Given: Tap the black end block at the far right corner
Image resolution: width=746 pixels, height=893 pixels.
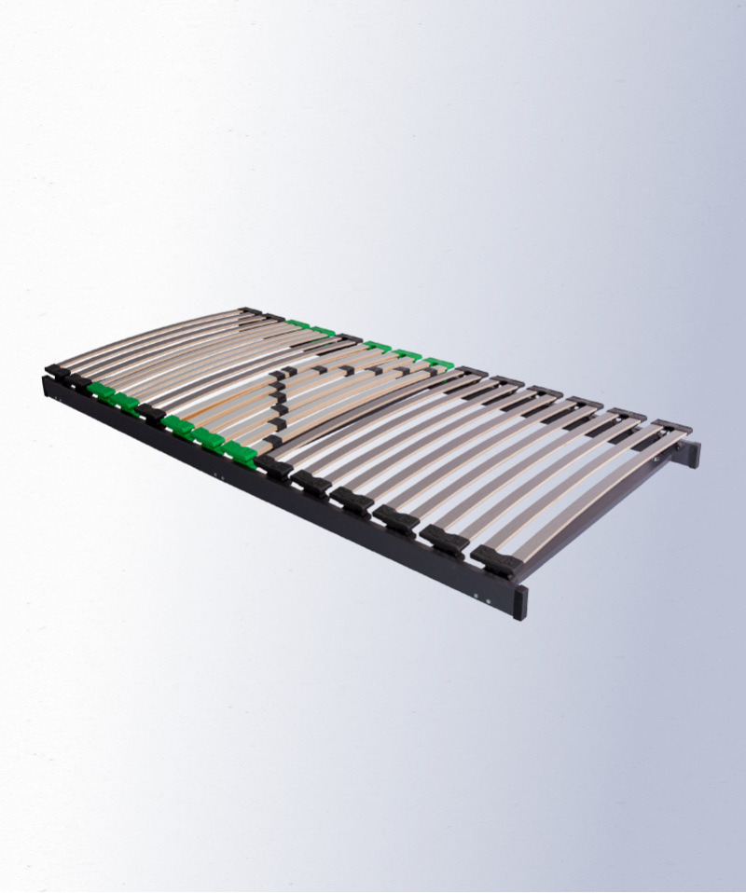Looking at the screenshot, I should [693, 454].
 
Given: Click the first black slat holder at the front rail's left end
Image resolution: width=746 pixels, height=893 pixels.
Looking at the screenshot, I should [57, 371].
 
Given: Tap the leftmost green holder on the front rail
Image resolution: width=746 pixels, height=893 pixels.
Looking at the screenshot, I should [102, 391].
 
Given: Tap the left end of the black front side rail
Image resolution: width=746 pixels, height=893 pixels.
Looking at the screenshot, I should [49, 386].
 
